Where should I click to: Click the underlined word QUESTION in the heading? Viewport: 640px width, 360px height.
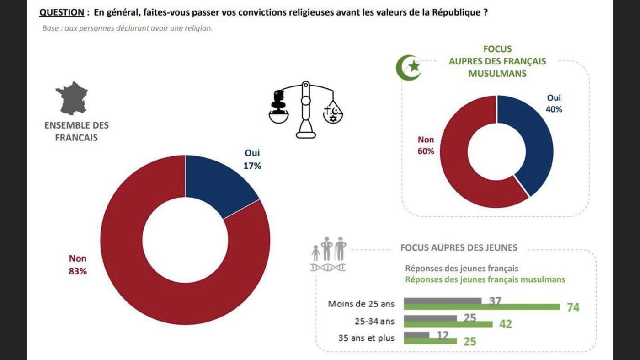(62, 12)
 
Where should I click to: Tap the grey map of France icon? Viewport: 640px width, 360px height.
(72, 98)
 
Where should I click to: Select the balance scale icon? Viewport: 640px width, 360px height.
(305, 109)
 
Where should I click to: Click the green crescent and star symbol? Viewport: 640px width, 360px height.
(408, 67)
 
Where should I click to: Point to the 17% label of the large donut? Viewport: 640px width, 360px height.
(252, 166)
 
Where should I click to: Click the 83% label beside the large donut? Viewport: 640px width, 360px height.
(78, 271)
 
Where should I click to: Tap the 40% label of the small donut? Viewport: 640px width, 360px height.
(554, 109)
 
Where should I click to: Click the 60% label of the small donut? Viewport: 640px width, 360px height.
(426, 151)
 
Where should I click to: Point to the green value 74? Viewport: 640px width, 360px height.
(573, 307)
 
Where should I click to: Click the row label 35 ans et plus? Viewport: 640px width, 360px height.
(366, 339)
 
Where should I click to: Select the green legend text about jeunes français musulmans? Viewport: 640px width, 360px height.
(485, 279)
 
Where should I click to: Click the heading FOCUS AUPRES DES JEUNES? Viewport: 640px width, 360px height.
(459, 247)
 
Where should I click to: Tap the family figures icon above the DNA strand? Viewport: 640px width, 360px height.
(329, 249)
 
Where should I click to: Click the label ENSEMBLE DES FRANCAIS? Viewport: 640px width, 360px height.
(76, 131)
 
